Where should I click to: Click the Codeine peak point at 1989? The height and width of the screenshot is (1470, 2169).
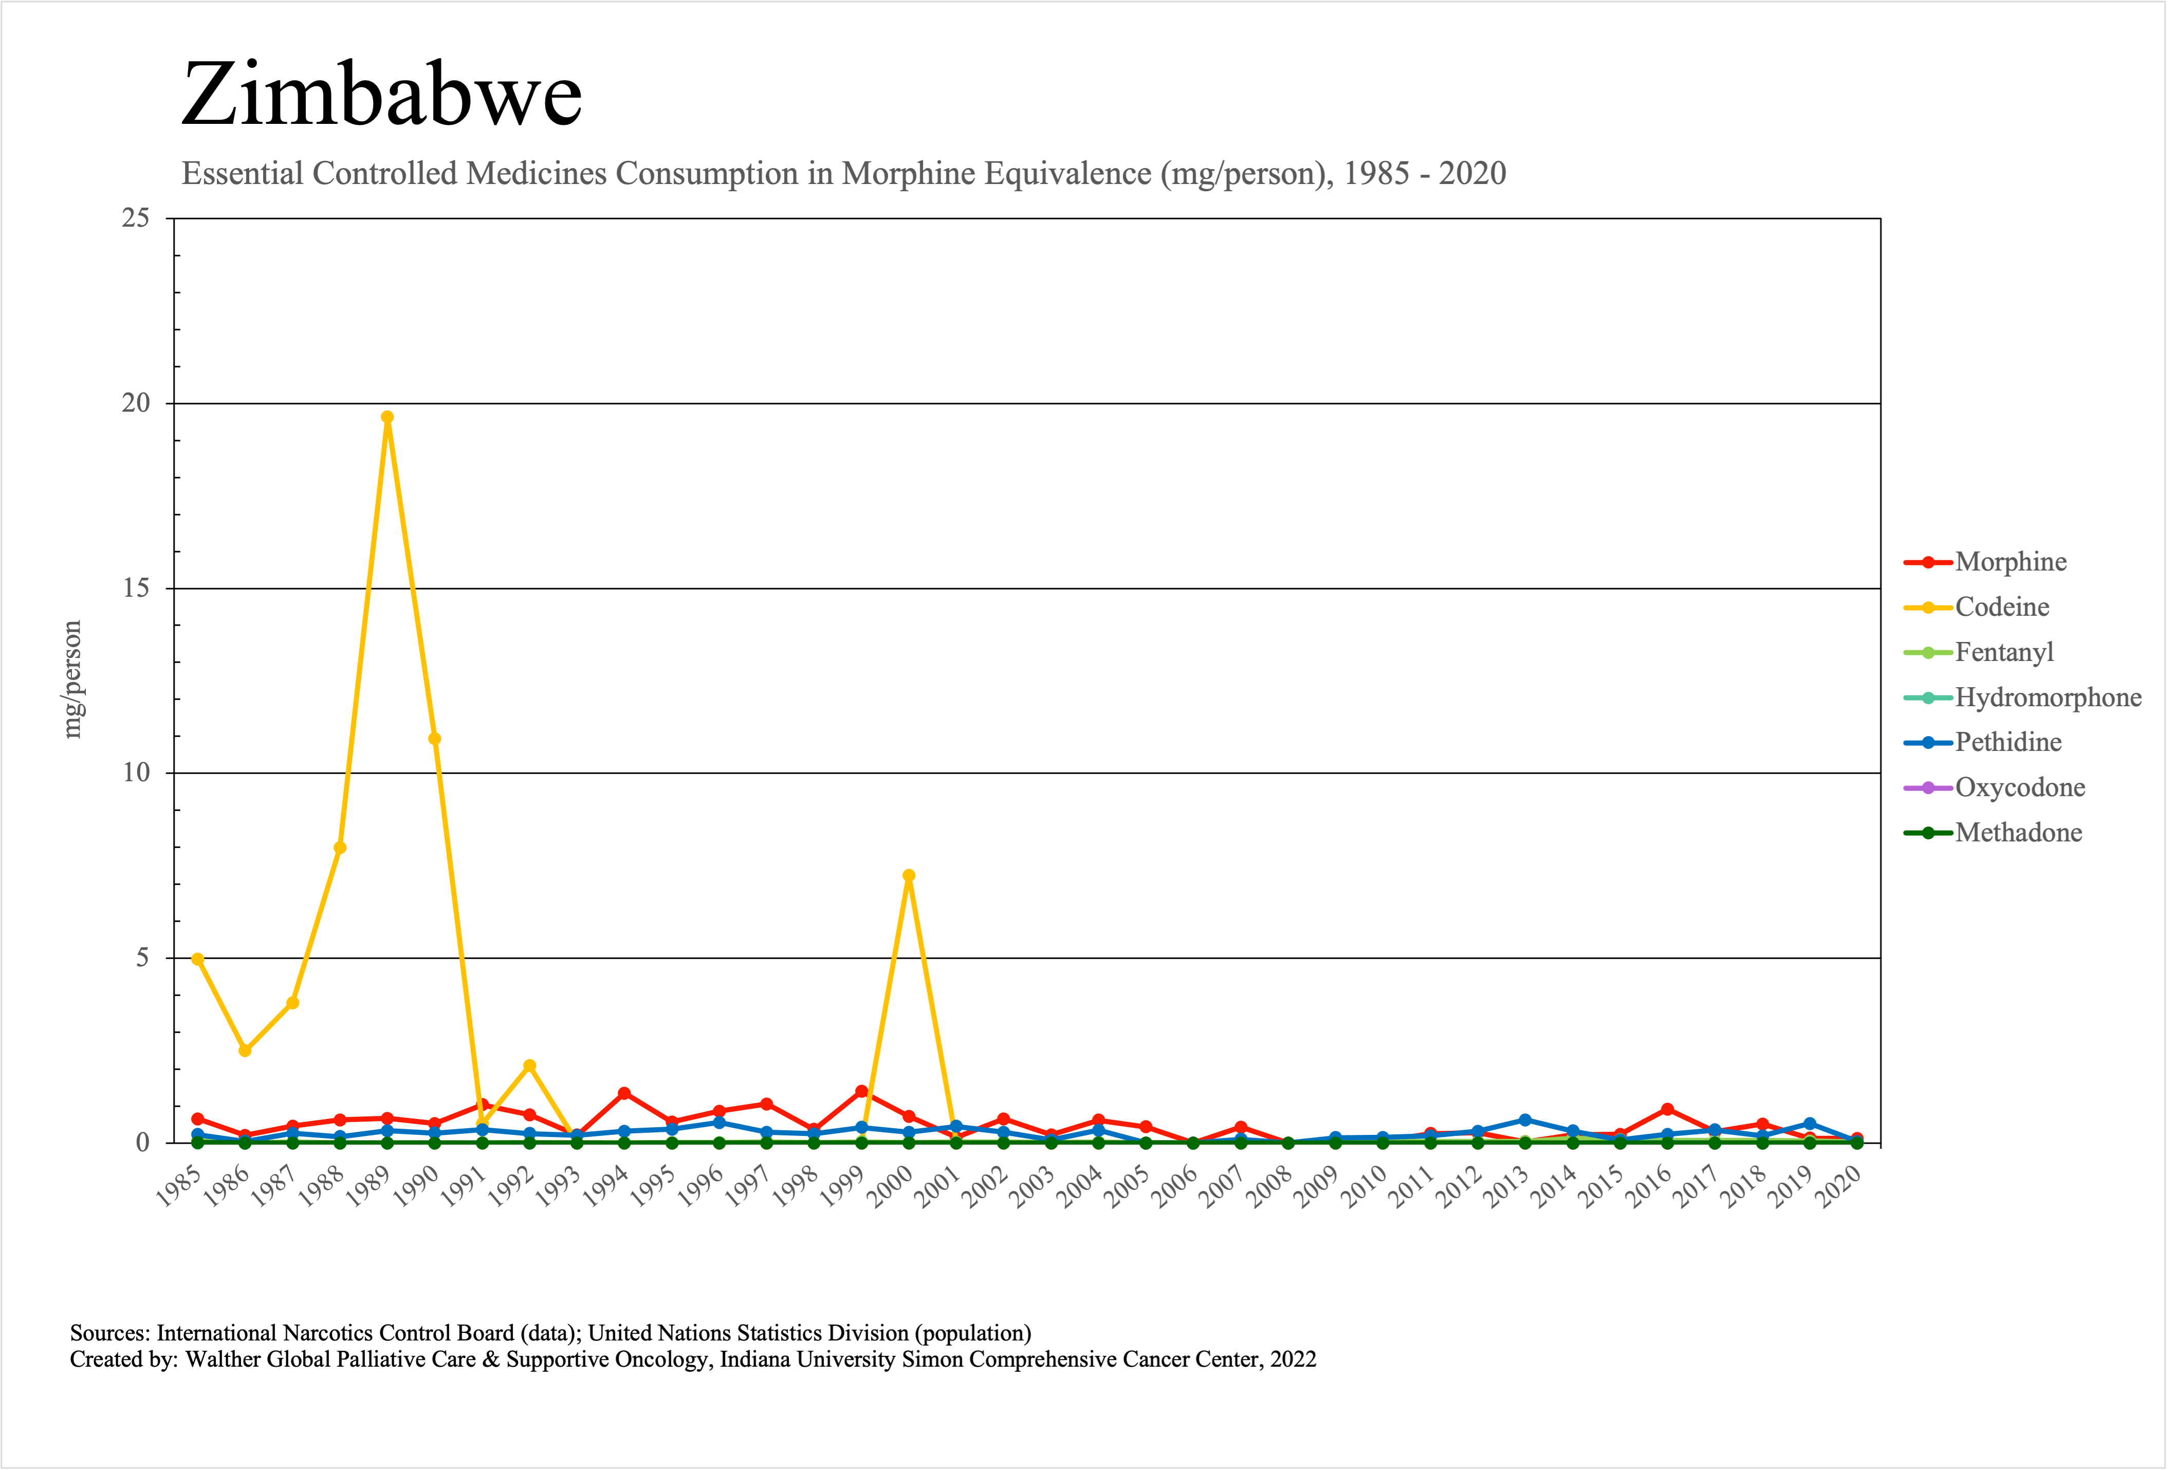387,417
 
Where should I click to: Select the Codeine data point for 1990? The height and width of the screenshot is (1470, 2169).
435,738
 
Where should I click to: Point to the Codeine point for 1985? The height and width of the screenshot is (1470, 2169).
198,959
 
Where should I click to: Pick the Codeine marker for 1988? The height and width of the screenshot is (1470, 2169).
340,848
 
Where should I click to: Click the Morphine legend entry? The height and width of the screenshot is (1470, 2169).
2010,562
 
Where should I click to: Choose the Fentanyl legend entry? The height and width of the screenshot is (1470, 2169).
2004,652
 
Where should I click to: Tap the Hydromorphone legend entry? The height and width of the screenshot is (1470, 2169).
2048,697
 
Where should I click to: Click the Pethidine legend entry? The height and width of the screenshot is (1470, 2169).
2008,743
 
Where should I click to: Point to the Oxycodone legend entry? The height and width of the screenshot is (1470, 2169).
2019,788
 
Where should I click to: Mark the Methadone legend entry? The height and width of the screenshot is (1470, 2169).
2018,833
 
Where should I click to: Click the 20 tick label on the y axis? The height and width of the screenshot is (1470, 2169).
136,403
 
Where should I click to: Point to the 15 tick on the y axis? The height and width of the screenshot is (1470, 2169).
136,588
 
